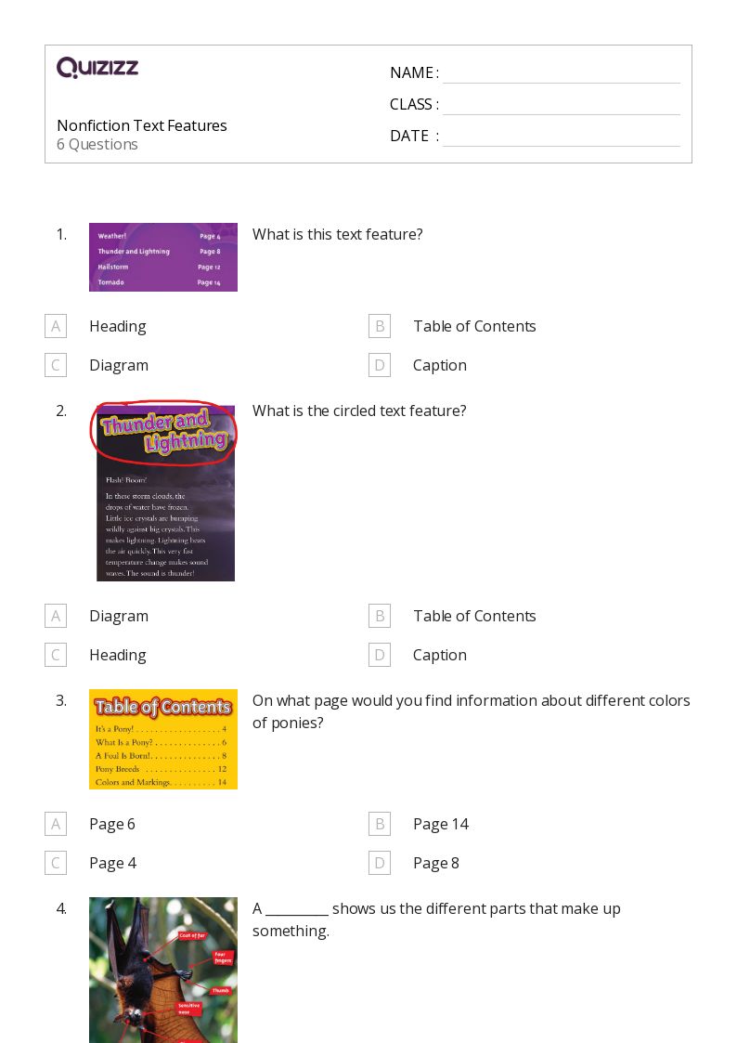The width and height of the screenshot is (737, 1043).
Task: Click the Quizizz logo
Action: [x=97, y=68]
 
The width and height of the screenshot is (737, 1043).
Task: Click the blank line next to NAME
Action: [x=561, y=74]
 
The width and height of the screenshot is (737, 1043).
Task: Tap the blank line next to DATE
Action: [x=561, y=137]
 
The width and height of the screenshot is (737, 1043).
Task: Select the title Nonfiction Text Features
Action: [x=142, y=125]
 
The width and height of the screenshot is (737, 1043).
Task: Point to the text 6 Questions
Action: [x=97, y=145]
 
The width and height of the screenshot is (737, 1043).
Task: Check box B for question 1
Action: [x=379, y=326]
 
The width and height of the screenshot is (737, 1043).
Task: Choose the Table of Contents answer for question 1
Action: [x=474, y=326]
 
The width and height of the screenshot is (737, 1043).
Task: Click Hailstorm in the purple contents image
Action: [x=111, y=267]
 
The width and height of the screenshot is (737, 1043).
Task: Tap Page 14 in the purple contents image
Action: [x=209, y=282]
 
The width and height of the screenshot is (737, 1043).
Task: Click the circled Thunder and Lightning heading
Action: [x=164, y=432]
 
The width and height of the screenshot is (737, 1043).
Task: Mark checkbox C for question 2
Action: [x=56, y=655]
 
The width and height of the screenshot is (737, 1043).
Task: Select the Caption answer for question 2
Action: [x=439, y=655]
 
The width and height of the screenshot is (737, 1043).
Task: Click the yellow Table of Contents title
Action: [x=162, y=708]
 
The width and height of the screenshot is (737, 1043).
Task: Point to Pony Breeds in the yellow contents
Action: [x=117, y=769]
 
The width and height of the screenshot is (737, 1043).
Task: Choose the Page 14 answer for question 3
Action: [x=440, y=824]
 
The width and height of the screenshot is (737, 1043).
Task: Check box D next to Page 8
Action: [x=379, y=863]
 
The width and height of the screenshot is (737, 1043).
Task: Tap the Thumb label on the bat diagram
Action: [x=220, y=991]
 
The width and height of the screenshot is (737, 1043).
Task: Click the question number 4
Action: [x=61, y=908]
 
